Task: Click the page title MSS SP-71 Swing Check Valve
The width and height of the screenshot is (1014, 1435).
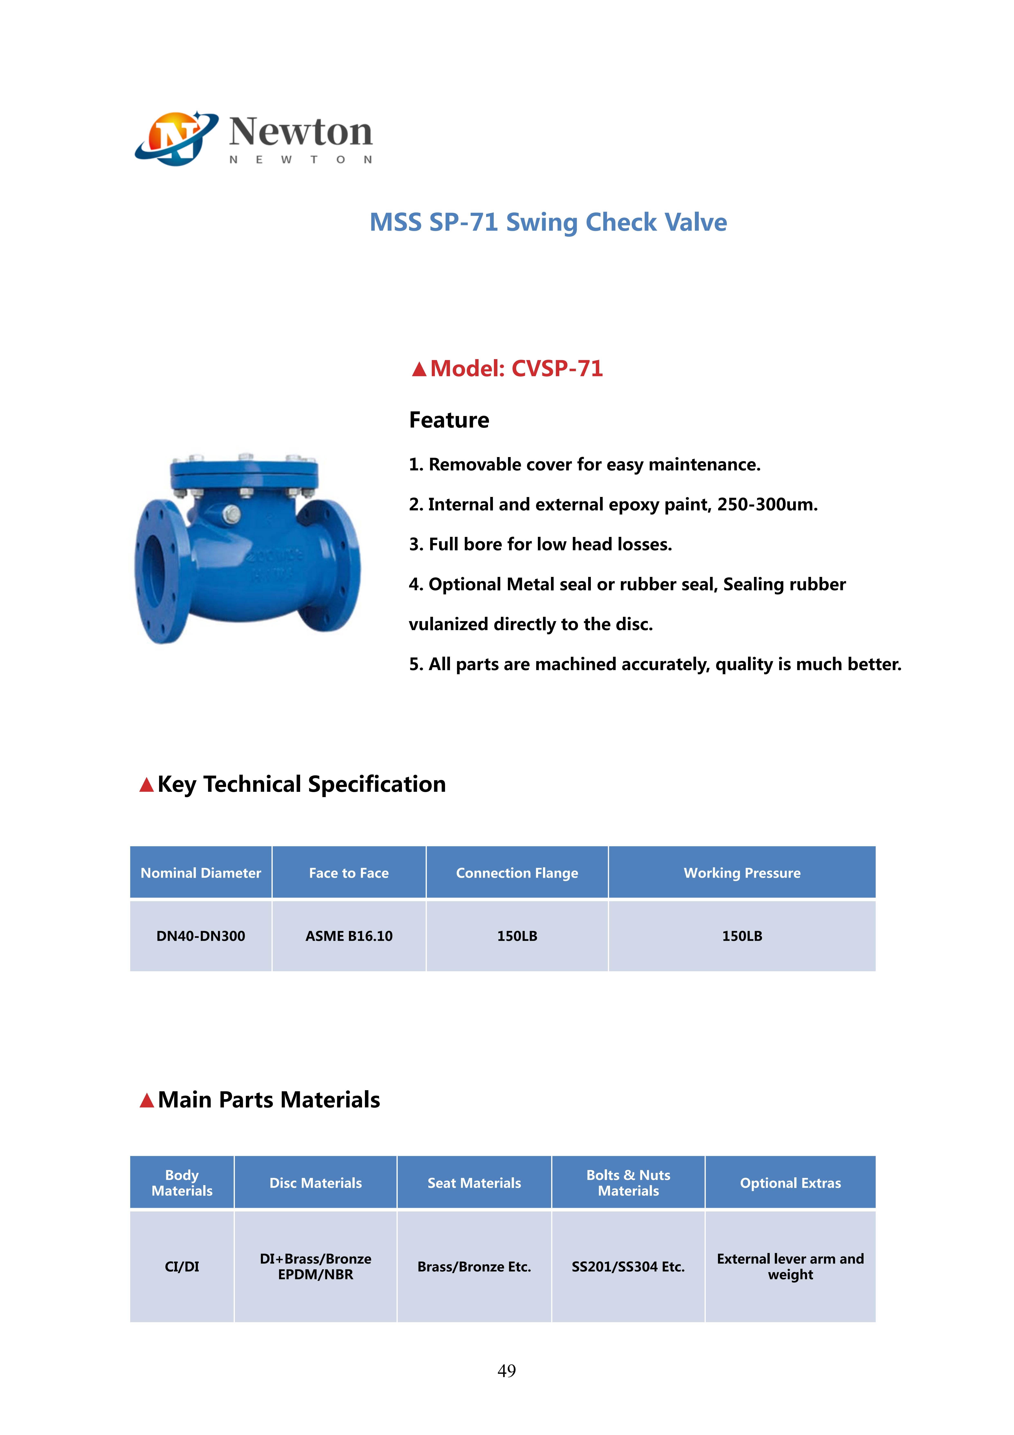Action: tap(548, 222)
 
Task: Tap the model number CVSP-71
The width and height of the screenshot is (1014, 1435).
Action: tap(557, 369)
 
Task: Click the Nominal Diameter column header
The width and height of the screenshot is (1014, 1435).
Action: tap(201, 873)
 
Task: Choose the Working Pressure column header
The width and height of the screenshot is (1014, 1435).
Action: tap(742, 873)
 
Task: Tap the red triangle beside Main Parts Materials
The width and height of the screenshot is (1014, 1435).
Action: tap(147, 1100)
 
